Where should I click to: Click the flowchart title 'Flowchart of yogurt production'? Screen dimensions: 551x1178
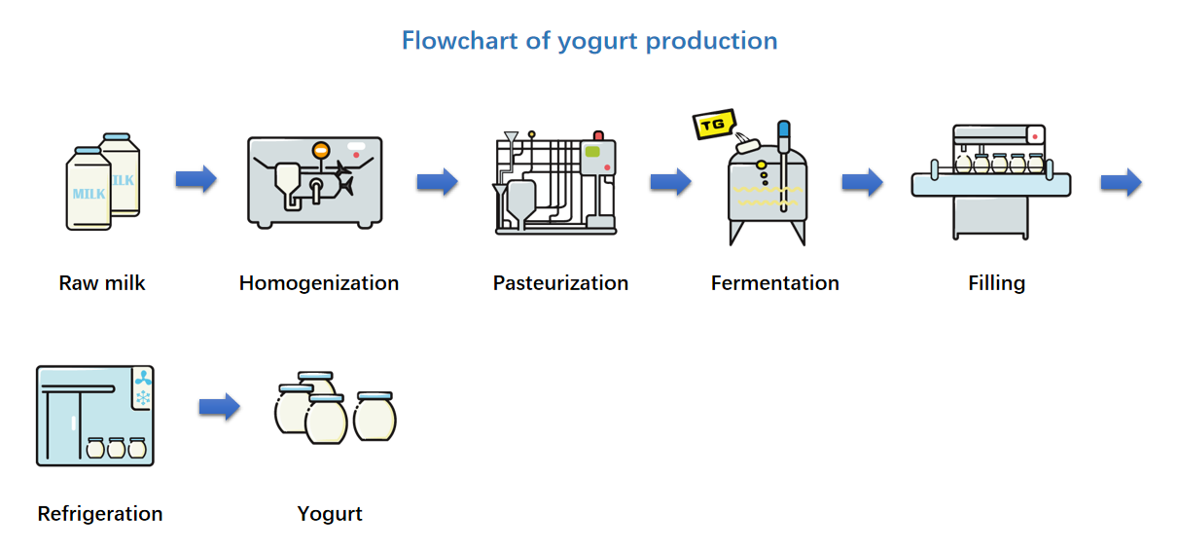tap(589, 41)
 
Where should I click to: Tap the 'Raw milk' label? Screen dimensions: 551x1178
tap(102, 283)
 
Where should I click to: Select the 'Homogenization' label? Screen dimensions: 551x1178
tap(319, 283)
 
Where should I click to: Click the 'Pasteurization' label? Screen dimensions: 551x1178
tap(560, 283)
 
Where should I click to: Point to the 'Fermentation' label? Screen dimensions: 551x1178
tap(774, 283)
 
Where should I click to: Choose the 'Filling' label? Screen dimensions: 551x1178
tap(996, 283)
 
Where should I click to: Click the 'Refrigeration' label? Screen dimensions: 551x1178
tap(100, 513)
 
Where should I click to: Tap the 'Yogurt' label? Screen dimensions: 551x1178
tap(330, 513)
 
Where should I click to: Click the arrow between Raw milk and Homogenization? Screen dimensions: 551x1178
tap(196, 180)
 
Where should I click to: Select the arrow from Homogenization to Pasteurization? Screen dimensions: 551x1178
tap(437, 181)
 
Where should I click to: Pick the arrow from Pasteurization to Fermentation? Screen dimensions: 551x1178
tap(670, 181)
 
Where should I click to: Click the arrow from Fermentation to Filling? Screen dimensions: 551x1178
tap(862, 181)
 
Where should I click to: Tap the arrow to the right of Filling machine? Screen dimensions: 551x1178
tap(1121, 182)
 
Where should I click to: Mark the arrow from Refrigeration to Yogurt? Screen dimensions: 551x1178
tap(219, 407)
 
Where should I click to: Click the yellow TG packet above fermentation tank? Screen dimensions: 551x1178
tap(712, 125)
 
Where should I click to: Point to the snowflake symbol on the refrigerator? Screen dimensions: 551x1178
tap(143, 398)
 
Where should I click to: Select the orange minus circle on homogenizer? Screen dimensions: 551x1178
tap(320, 150)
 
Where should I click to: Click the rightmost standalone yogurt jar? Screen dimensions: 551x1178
tap(375, 416)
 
